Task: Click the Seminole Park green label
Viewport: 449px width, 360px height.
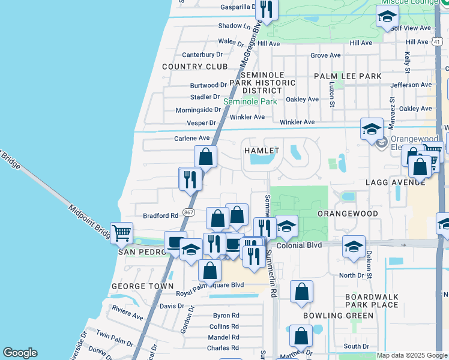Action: coord(250,101)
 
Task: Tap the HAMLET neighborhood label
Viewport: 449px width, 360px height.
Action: coord(261,151)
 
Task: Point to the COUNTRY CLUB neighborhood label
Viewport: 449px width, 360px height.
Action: coord(194,67)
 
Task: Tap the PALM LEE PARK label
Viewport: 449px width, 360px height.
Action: coord(348,76)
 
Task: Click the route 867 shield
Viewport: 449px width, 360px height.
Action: coord(188,213)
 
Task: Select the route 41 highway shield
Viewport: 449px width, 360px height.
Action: coord(438,41)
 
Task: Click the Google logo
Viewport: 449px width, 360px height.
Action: coord(20,353)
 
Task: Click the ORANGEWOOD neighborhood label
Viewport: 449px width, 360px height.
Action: coord(348,214)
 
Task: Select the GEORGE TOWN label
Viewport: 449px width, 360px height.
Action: coord(143,286)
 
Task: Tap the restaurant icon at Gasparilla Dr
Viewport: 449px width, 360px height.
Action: coord(265,8)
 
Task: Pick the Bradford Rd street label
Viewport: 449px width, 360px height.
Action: coord(160,215)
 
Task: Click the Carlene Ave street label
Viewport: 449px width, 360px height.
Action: coord(192,138)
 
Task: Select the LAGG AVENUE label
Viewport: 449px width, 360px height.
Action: coord(391,181)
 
